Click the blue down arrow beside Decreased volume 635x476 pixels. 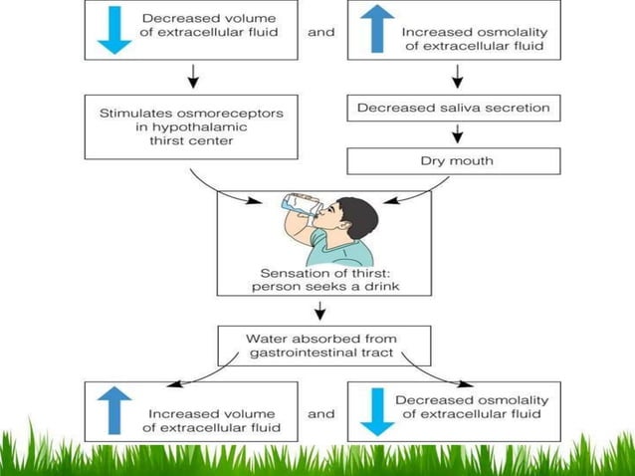[115, 31]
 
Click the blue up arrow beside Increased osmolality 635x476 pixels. [376, 31]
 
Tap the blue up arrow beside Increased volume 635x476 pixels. [115, 410]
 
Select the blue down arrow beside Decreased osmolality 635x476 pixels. [376, 410]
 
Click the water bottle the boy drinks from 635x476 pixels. [299, 203]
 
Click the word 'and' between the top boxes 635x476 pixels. [321, 32]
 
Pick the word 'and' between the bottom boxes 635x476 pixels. [321, 412]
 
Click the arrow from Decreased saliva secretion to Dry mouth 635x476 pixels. [456, 134]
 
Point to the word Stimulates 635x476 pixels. [131, 113]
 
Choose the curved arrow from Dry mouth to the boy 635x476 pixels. [418, 192]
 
